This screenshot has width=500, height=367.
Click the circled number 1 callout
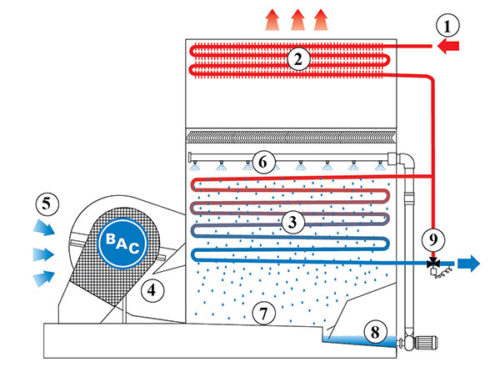448,26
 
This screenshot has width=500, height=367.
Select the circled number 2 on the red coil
298,59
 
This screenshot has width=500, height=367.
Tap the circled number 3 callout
293,222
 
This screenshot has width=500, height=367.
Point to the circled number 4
152,290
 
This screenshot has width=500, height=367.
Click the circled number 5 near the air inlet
46,203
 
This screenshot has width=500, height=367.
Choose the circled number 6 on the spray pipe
263,162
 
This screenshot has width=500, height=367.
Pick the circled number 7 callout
263,314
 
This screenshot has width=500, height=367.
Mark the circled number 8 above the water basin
375,332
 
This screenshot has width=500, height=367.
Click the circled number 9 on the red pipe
433,239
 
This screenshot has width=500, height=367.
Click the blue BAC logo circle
122,243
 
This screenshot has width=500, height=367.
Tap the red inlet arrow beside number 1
448,46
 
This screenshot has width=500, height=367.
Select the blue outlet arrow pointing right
469,263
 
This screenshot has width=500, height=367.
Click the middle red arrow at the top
297,20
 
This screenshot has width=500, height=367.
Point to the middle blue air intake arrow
43,255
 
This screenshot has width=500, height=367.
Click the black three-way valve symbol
433,263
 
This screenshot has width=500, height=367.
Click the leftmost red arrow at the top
272,20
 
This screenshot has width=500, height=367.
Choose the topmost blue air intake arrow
44,227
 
